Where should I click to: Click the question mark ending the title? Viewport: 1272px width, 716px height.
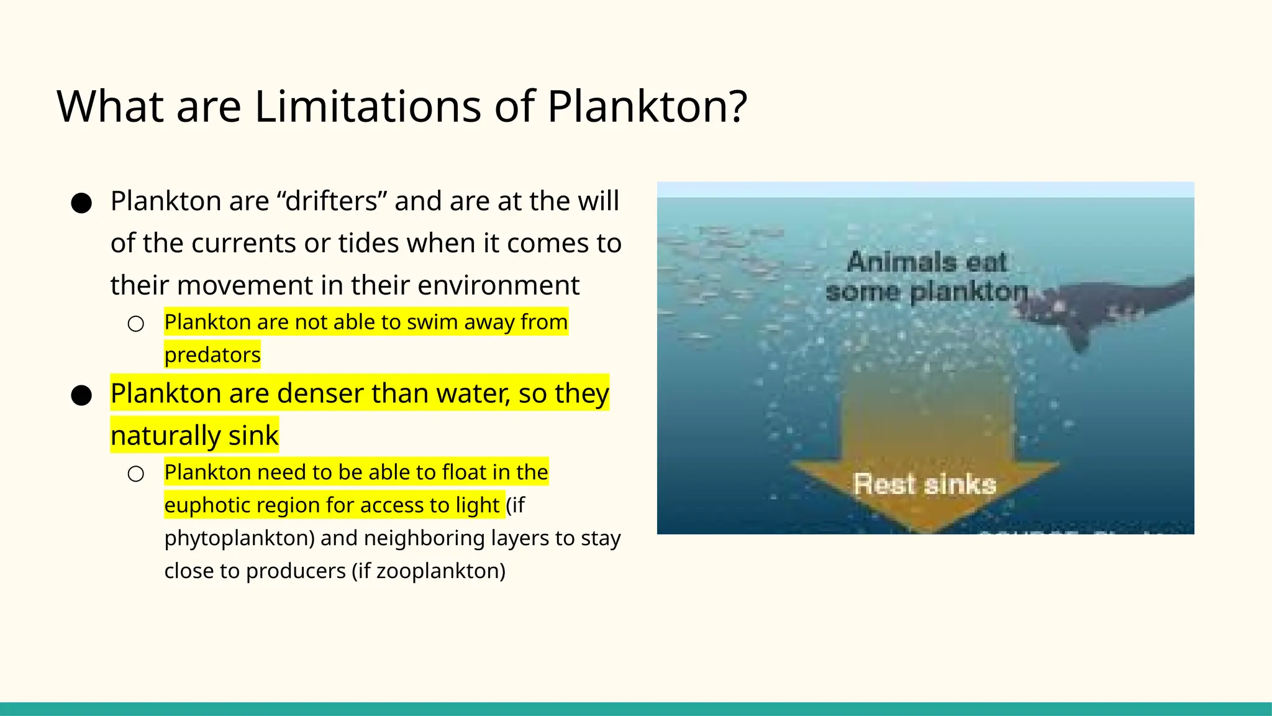[737, 106]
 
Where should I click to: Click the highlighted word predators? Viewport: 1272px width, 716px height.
[212, 355]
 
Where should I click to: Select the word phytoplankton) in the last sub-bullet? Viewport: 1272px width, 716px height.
[240, 538]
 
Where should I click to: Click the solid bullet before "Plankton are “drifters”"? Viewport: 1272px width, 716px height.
[81, 203]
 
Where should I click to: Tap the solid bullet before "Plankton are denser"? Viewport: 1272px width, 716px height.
[81, 395]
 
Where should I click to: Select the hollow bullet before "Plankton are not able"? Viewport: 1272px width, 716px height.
[136, 324]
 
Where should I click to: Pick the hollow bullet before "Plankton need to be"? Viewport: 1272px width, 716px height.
[136, 474]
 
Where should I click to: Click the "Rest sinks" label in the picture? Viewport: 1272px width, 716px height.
[924, 484]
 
